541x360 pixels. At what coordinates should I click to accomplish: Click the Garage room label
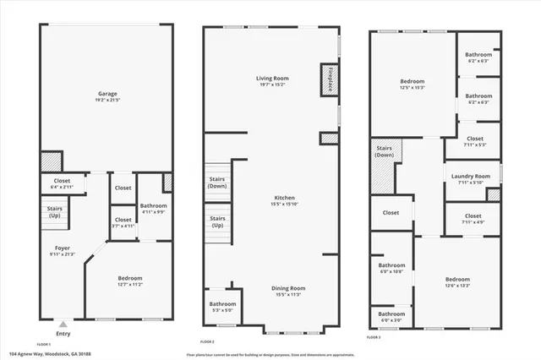107,94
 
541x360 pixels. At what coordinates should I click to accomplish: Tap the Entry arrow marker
63,324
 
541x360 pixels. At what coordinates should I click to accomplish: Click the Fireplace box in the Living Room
326,79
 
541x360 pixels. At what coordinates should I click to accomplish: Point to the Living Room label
273,79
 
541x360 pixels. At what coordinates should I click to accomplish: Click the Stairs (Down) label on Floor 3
385,152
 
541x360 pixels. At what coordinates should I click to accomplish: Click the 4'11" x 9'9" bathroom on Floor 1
153,205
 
